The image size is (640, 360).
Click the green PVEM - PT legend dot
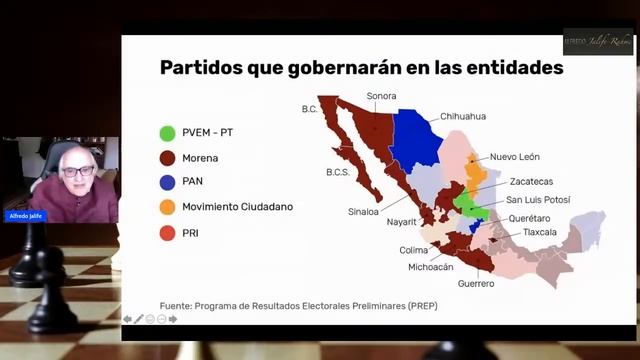[168, 132]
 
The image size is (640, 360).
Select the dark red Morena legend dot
[168, 157]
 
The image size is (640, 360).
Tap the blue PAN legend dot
[168, 182]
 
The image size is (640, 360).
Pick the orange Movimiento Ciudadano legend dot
[168, 207]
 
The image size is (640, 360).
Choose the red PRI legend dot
[168, 233]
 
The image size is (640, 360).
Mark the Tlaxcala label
[537, 232]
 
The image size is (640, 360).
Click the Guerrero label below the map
[476, 284]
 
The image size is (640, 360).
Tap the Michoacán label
[431, 267]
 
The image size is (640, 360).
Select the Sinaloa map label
[362, 212]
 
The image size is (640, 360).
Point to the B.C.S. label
[337, 172]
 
